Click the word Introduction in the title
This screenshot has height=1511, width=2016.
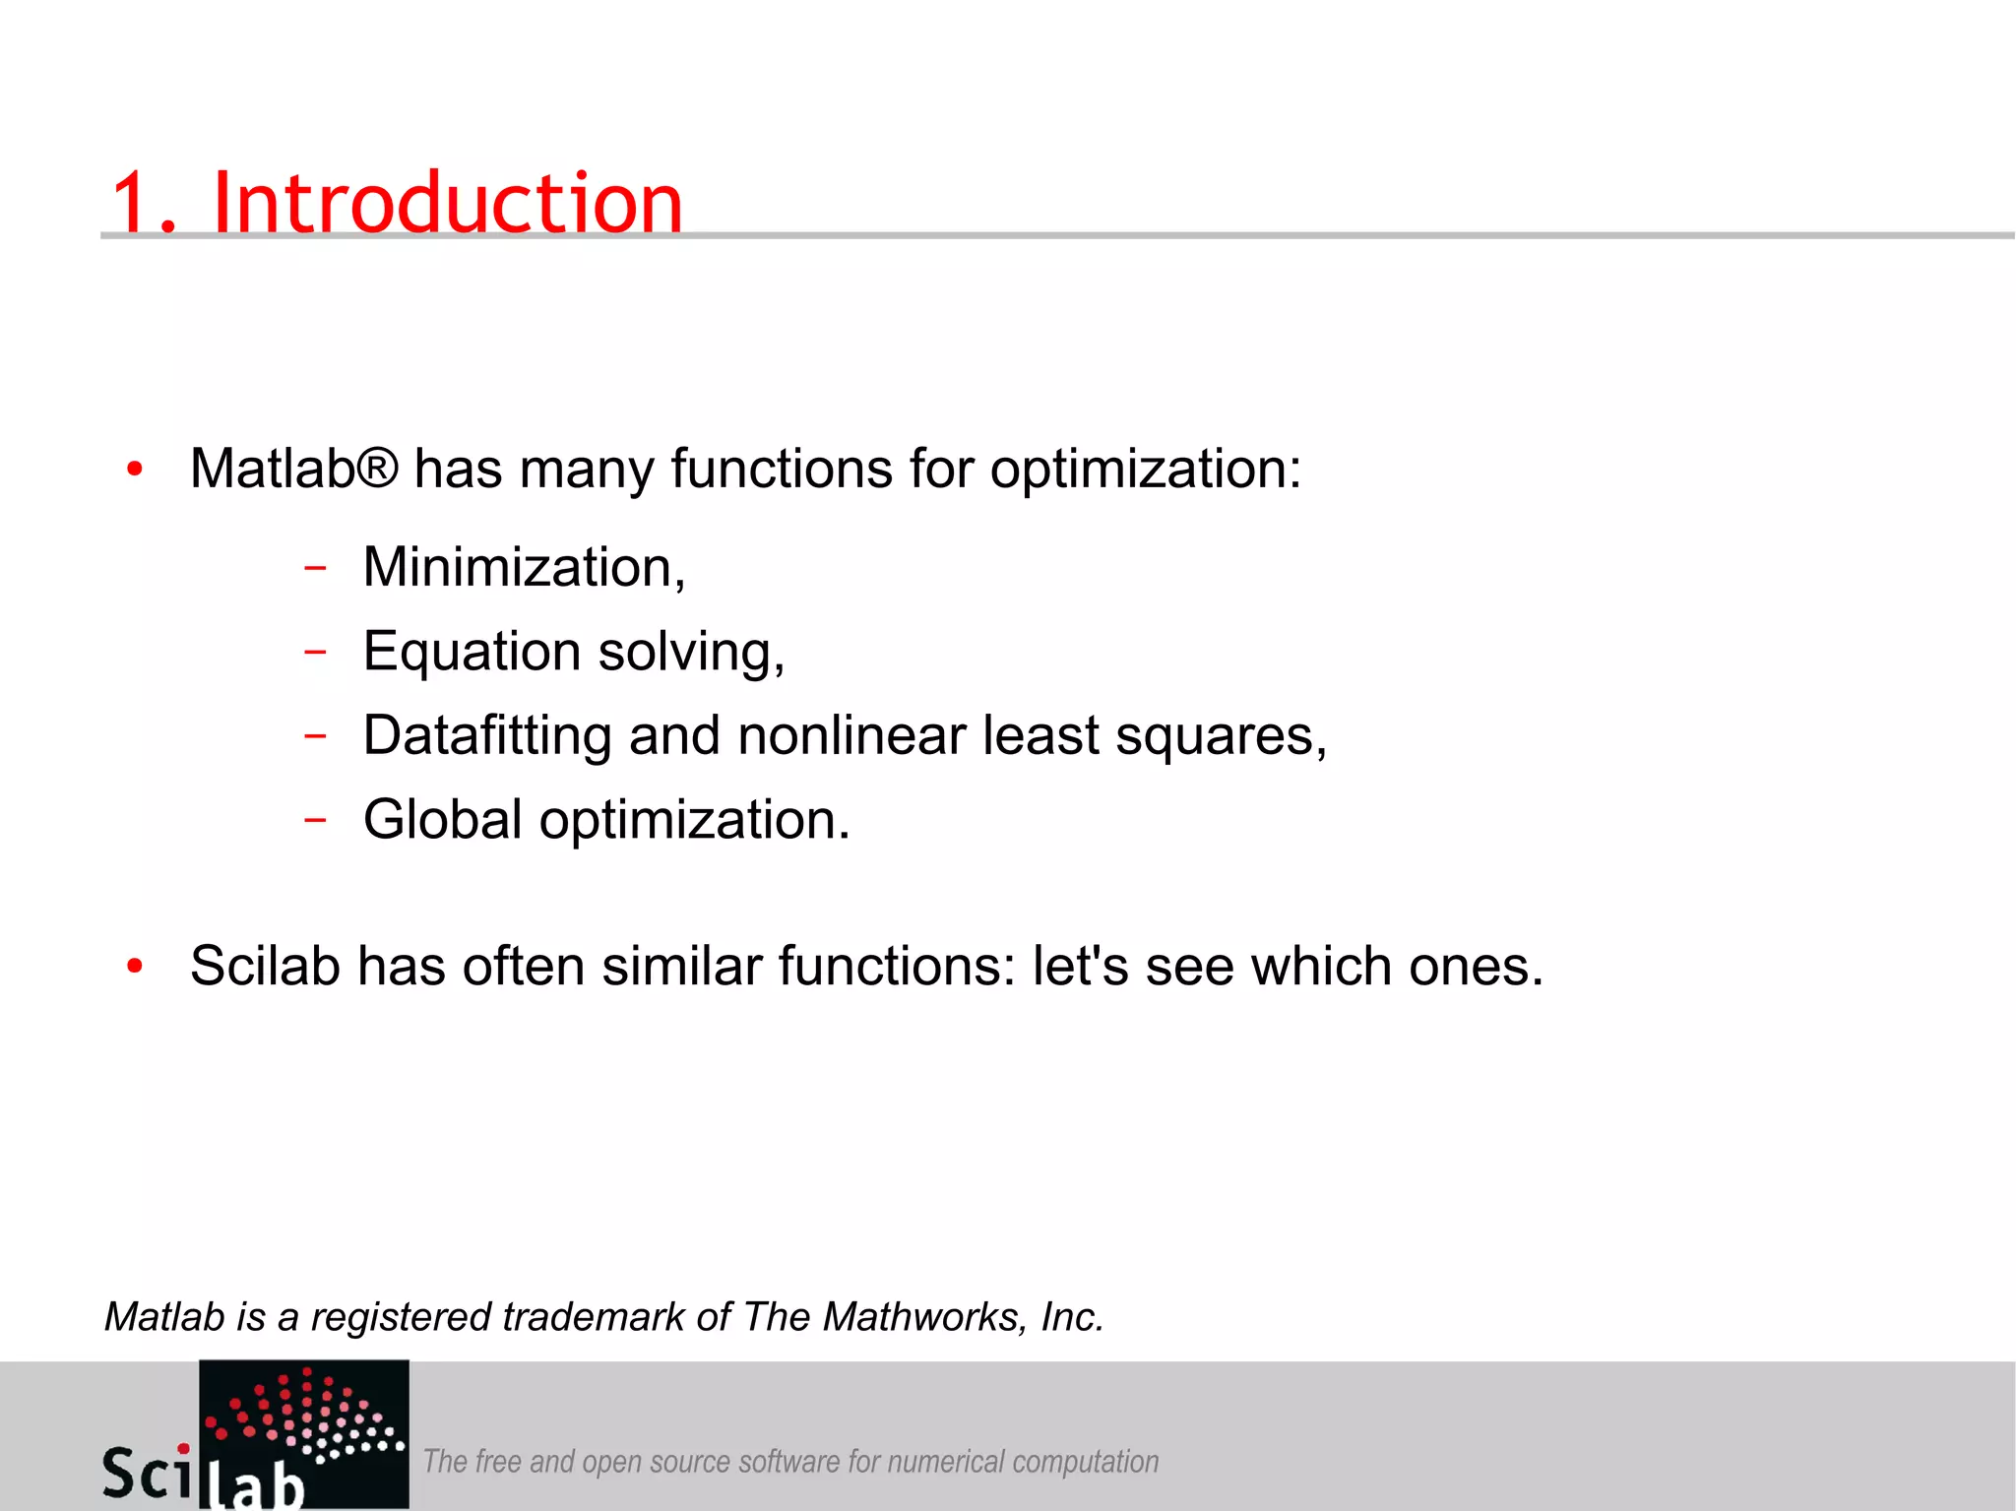[447, 204]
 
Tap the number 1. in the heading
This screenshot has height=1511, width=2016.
[144, 204]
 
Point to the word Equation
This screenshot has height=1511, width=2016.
[472, 653]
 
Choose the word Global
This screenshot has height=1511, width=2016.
[443, 819]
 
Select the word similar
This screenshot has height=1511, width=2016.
[682, 966]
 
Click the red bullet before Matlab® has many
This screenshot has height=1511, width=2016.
[135, 470]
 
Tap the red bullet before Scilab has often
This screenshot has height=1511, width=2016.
[135, 968]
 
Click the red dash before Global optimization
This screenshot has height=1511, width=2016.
[315, 819]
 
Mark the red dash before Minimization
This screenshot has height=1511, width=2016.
[315, 568]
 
